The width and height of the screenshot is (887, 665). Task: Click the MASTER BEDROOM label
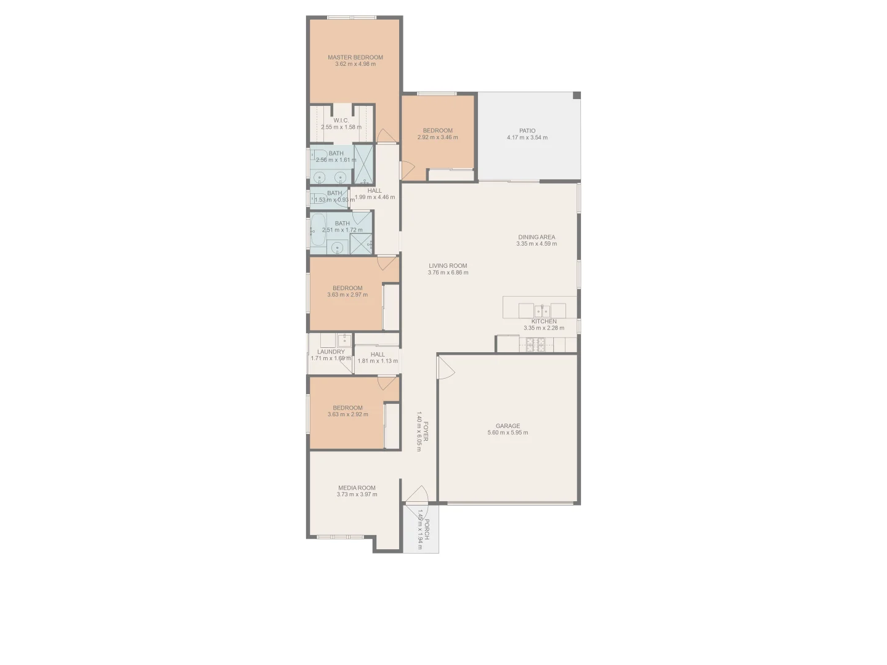pos(355,57)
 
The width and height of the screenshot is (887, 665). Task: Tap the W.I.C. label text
pos(341,120)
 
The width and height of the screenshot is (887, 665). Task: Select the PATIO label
pos(527,131)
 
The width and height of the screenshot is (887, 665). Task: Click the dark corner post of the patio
pos(577,95)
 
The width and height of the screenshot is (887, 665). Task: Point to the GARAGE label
pos(508,425)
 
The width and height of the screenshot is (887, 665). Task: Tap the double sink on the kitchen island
pos(542,310)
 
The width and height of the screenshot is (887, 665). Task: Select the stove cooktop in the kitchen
pos(535,345)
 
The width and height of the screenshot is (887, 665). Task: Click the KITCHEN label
pos(544,321)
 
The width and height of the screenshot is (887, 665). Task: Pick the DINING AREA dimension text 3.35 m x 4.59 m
pos(537,244)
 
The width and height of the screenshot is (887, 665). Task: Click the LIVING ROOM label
pos(448,266)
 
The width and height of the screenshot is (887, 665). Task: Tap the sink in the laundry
pos(344,339)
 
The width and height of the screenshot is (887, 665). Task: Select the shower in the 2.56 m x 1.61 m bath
pos(364,164)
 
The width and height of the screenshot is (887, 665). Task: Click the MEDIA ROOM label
pos(357,488)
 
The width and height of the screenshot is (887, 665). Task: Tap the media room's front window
pos(340,537)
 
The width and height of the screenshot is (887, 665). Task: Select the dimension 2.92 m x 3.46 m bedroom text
pos(437,137)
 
